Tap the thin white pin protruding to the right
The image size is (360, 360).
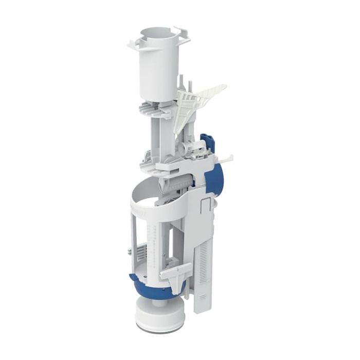point(227,157)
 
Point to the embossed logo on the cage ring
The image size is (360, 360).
point(140,209)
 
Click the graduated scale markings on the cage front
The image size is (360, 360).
point(152,242)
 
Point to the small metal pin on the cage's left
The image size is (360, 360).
point(127,251)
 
